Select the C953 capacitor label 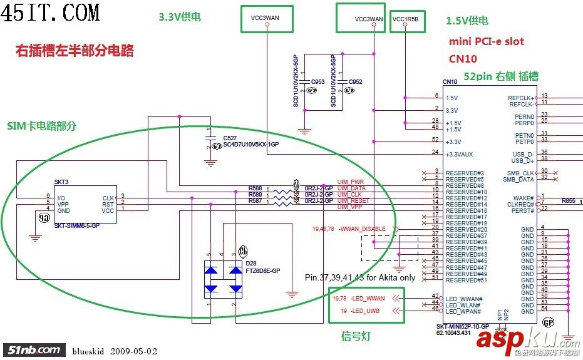click(317, 82)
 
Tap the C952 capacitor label click(355, 82)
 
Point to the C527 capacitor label click(230, 137)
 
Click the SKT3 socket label click(61, 182)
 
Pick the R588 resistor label click(255, 188)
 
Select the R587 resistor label click(255, 201)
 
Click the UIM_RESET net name click(353, 201)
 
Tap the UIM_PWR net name click(351, 182)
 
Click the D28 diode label click(251, 264)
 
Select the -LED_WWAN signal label click(368, 298)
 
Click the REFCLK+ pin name click(521, 98)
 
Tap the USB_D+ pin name click(523, 160)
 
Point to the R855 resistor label click(568, 201)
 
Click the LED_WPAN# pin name click(463, 311)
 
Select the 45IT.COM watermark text click(51, 12)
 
